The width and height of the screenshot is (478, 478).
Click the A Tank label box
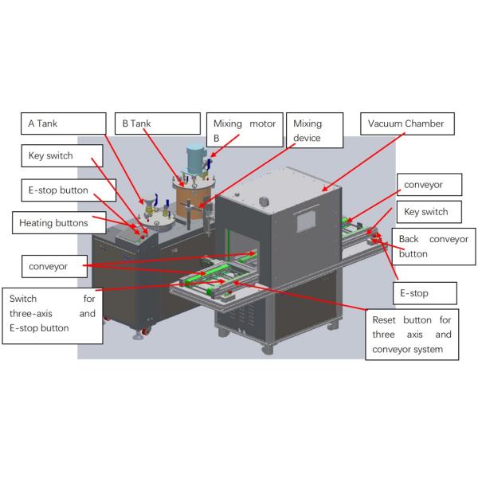[x=62, y=123]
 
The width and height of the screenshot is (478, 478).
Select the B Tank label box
[x=156, y=123]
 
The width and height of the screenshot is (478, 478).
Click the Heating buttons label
[x=54, y=223]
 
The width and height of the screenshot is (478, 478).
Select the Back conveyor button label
[x=434, y=245]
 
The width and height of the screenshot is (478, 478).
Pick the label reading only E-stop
[x=425, y=293]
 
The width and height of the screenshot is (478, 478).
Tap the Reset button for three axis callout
[x=412, y=334]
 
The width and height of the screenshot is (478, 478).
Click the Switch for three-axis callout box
[x=53, y=314]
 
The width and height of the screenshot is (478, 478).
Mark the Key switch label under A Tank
[x=57, y=156]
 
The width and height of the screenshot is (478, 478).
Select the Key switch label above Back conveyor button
[x=426, y=212]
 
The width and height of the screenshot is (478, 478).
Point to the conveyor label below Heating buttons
[x=49, y=265]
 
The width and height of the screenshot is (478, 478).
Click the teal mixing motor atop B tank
[x=196, y=159]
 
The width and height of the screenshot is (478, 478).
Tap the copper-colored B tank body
[x=191, y=195]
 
